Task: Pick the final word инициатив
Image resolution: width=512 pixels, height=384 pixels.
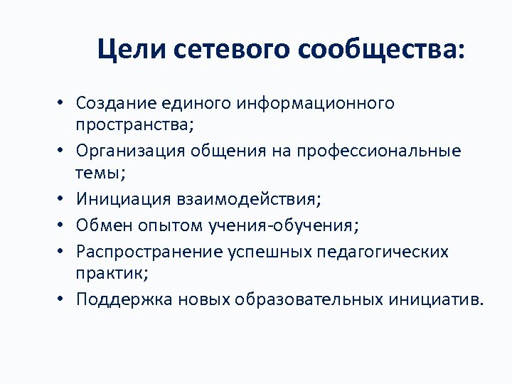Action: pyautogui.click(x=434, y=299)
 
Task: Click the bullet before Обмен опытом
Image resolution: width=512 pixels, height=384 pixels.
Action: pyautogui.click(x=62, y=227)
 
